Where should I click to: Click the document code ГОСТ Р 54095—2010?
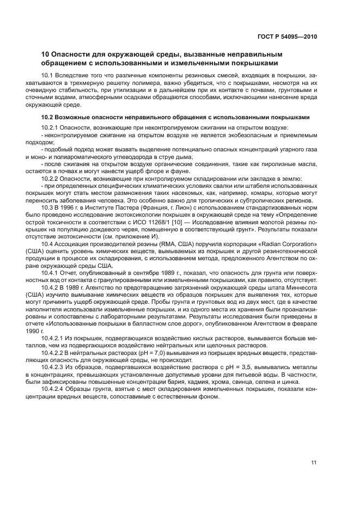coord(288,37)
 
